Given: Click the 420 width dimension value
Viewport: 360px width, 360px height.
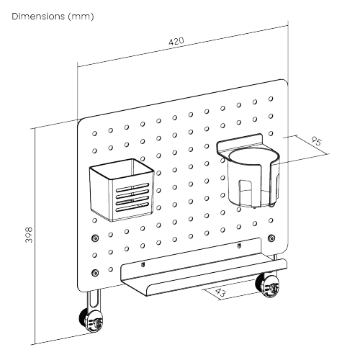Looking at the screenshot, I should tap(176, 42).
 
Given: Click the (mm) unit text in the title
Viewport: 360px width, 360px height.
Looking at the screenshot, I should tap(80, 15).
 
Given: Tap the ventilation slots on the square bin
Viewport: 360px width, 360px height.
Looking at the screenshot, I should tap(133, 199).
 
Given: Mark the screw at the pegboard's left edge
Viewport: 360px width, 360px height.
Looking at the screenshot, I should tap(95, 238).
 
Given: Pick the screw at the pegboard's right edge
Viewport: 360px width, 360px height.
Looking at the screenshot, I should tap(271, 238).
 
